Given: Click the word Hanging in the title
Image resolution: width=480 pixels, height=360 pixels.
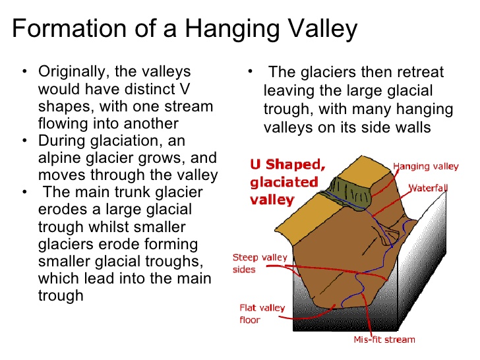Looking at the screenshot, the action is tap(233, 29).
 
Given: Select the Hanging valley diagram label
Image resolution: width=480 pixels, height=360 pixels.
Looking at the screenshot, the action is tap(426, 167).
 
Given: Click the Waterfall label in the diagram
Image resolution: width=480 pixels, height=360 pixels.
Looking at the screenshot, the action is tap(429, 188).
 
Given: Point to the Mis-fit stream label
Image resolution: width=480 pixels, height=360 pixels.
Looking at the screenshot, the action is tap(384, 340).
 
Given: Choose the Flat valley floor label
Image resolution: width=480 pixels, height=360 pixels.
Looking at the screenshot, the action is tap(262, 313).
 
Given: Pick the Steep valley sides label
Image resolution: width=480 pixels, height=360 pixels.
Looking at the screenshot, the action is tap(260, 263).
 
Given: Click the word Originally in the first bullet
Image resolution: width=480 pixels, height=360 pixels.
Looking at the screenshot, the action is tap(74, 73).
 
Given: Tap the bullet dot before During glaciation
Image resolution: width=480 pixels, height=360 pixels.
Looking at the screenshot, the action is tap(24, 140).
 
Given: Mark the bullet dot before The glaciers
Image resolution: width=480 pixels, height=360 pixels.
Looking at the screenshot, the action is tap(250, 72).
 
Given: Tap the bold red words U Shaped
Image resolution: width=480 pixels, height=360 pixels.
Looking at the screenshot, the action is tap(287, 164).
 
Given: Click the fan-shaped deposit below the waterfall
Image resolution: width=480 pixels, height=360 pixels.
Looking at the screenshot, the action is tap(390, 237).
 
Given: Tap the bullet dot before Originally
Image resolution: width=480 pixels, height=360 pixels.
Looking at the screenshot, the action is tap(24, 72).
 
